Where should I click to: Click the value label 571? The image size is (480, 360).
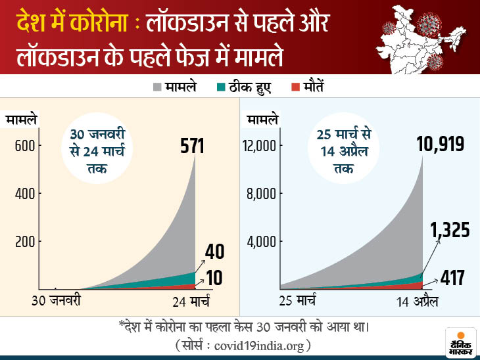point(193,145)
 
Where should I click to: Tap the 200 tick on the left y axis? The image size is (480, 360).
point(24,242)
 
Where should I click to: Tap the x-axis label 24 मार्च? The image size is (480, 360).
point(187,303)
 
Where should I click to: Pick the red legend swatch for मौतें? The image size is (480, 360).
point(295,87)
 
